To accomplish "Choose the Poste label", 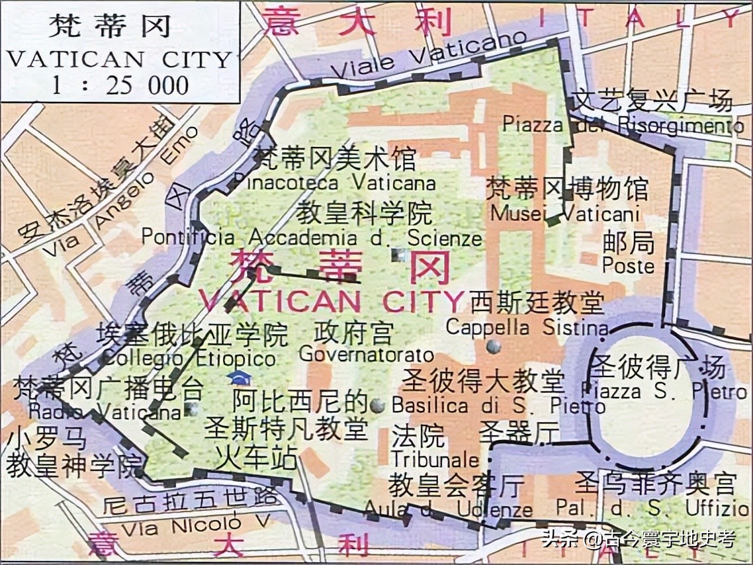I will click(628, 266).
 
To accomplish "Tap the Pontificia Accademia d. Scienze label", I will click(312, 237).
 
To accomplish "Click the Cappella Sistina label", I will click(527, 327).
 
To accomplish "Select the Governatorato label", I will click(367, 355).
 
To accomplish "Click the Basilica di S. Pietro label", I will click(498, 404).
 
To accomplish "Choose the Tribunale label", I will click(434, 458).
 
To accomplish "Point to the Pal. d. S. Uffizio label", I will click(652, 509).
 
